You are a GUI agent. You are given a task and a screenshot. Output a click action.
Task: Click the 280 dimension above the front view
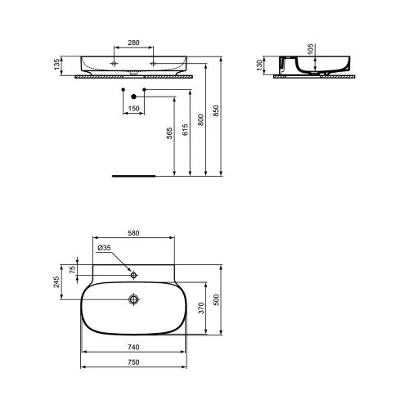click(134, 41)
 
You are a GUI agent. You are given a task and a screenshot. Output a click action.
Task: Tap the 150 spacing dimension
click(134, 107)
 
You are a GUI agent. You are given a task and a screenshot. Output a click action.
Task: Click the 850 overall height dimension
click(218, 114)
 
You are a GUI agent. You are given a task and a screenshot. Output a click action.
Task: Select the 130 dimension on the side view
click(260, 65)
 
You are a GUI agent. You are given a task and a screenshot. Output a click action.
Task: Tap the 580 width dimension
click(134, 233)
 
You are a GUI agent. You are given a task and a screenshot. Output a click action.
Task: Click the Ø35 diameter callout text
click(104, 249)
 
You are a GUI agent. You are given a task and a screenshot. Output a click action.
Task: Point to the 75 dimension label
click(72, 270)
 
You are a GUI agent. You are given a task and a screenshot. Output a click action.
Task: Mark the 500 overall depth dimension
click(217, 299)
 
